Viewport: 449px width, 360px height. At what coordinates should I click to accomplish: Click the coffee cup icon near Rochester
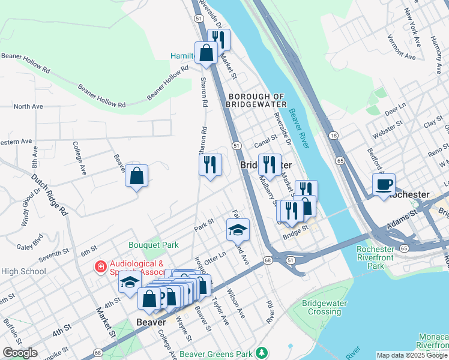384,184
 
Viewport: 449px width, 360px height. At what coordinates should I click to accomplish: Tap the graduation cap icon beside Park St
237,229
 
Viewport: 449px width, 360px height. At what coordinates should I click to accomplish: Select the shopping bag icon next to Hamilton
206,52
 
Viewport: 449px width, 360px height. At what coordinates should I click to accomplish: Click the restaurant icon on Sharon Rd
210,164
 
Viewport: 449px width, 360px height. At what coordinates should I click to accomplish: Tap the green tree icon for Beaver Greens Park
261,352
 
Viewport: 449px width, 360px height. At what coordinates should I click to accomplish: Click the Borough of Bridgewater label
256,100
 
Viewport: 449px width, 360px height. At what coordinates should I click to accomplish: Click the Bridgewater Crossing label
325,307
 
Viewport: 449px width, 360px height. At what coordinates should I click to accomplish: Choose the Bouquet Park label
154,245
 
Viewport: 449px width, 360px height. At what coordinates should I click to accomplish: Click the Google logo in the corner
20,353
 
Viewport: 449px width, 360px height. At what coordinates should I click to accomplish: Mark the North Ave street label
28,106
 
